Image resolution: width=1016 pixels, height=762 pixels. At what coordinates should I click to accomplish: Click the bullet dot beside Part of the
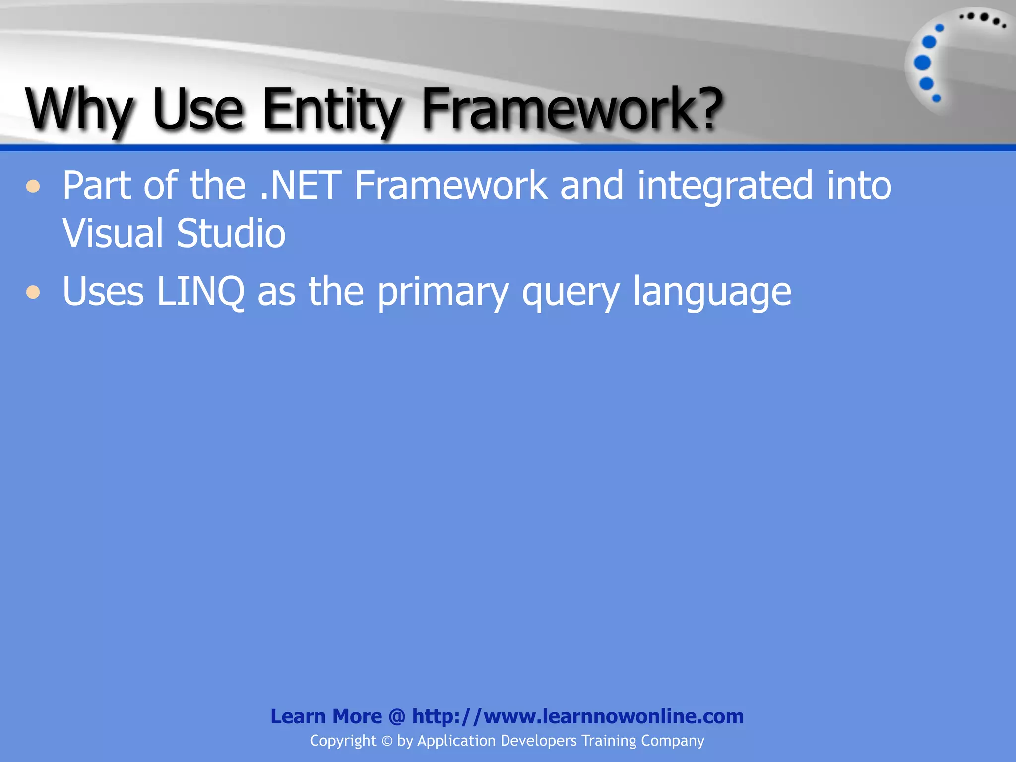[33, 187]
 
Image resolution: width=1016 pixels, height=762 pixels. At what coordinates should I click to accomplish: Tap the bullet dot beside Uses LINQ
[33, 292]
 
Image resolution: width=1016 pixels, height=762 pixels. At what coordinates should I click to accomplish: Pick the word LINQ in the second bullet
[200, 292]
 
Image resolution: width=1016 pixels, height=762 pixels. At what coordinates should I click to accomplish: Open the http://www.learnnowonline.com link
[578, 717]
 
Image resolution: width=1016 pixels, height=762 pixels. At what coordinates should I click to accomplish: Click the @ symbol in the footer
[397, 717]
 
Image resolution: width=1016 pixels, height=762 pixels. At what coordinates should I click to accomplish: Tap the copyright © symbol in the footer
[387, 741]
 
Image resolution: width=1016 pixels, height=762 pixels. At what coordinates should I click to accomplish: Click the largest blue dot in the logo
[922, 63]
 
